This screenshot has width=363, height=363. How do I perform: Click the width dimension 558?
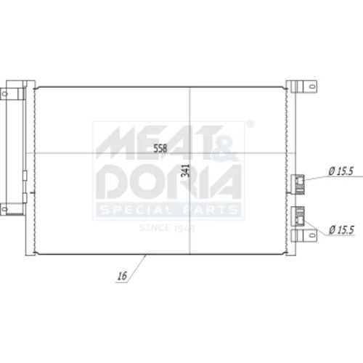[160, 148]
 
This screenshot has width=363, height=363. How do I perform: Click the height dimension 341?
[186, 171]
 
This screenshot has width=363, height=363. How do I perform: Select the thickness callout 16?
[122, 276]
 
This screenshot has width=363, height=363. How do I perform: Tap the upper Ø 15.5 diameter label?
[341, 171]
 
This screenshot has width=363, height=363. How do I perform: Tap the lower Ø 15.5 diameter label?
[341, 229]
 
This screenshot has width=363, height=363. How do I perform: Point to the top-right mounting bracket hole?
[312, 86]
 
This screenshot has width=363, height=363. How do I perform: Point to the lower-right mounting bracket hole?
[312, 235]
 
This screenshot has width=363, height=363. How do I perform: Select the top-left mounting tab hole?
[4, 94]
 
